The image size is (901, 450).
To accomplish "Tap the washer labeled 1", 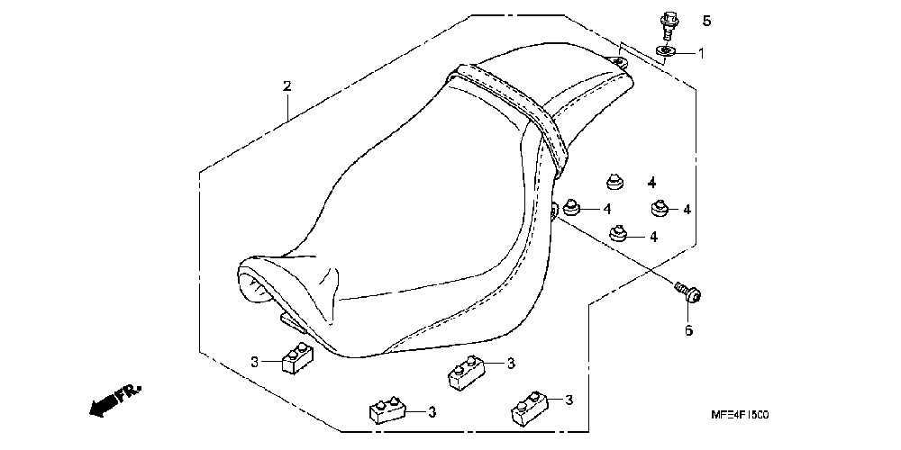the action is pos(665,51).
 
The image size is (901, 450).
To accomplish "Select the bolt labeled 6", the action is pos(690,292).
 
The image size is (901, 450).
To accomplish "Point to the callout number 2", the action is pos(287,86).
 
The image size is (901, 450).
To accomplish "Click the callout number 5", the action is pos(706,21).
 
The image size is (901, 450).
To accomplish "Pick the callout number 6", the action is pos(688,330).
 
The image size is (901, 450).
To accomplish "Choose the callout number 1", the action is pos(701,53).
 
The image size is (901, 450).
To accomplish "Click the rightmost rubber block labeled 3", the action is pos(530,407).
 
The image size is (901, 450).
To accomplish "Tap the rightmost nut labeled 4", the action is pos(661,208).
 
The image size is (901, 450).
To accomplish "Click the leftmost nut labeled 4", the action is pos(571,210).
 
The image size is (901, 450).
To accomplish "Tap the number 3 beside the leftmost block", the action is pos(255,362).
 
